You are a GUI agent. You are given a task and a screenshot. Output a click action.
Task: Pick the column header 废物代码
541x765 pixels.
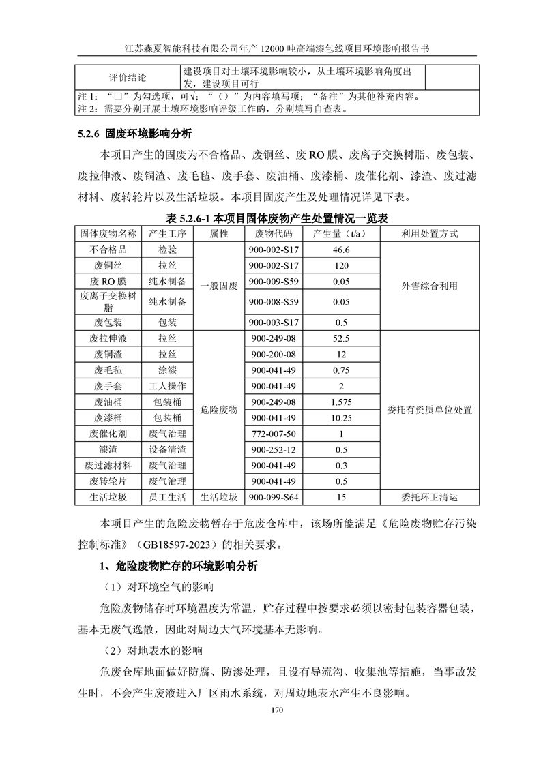(x=273, y=234)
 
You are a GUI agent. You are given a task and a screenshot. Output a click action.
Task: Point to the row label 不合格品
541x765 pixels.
(x=108, y=250)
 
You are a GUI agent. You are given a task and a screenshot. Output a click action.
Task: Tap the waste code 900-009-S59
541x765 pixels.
(x=273, y=281)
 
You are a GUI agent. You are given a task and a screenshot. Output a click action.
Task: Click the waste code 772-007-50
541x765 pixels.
(x=273, y=434)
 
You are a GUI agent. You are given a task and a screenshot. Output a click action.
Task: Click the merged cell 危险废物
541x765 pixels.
(x=218, y=410)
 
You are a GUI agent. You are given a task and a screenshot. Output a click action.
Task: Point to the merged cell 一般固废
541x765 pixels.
(x=218, y=286)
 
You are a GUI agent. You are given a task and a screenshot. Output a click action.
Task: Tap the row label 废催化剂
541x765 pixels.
(x=108, y=434)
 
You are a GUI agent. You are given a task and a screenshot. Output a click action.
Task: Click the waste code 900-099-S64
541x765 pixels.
(x=273, y=498)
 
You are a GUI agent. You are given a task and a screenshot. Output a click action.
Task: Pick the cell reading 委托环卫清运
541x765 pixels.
(x=430, y=498)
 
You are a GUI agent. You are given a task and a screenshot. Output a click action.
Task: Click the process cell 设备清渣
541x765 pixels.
(x=168, y=450)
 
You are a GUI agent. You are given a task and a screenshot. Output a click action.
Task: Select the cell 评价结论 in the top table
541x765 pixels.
(x=128, y=77)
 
